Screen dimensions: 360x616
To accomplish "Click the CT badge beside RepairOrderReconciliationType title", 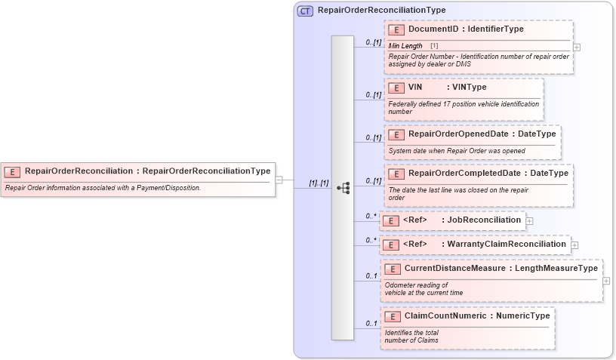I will [305, 11].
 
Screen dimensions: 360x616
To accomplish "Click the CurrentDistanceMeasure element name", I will [455, 268].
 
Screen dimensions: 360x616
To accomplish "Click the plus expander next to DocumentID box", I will [577, 47].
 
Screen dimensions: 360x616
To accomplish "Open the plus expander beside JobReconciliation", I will [529, 221].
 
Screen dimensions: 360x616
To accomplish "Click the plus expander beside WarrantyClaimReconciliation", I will [575, 245].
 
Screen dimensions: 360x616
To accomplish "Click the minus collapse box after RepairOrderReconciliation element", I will [279, 180].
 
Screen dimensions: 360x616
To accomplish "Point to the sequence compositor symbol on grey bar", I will [343, 186].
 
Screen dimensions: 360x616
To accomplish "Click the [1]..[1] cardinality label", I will [319, 183].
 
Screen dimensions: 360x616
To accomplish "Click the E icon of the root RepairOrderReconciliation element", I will [14, 171].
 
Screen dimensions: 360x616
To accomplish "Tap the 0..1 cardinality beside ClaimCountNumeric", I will [371, 324].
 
